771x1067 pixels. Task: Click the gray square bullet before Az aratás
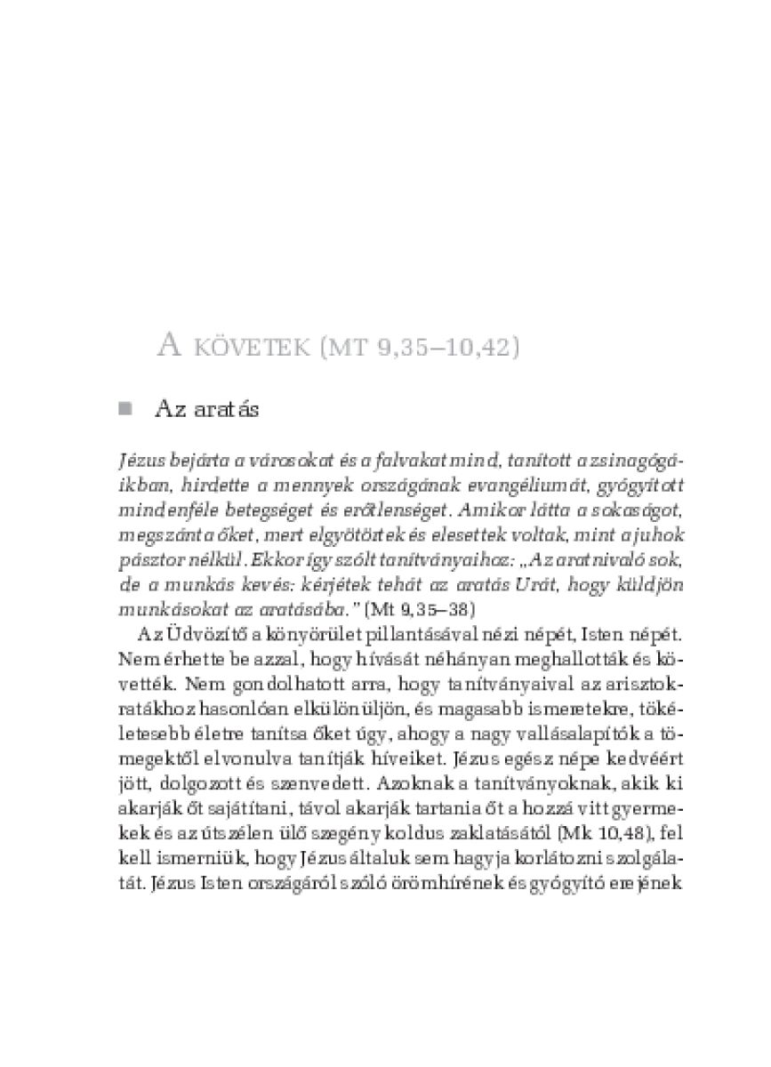coord(124,408)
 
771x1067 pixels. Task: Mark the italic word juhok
coord(632,537)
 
